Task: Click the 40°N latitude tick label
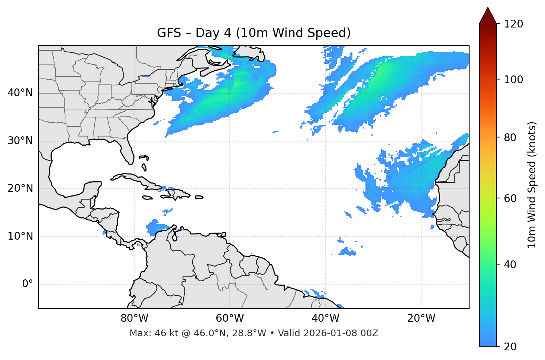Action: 20,93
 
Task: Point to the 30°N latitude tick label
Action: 20,141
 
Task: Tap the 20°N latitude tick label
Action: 20,189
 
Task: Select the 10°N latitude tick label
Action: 20,236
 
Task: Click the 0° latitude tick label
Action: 28,284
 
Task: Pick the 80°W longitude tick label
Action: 134,318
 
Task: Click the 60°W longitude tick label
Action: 230,318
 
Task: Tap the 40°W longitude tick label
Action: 326,318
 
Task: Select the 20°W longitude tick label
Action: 421,318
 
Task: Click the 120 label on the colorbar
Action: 514,24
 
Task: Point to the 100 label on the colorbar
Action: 514,80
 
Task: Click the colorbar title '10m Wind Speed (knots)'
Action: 532,185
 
